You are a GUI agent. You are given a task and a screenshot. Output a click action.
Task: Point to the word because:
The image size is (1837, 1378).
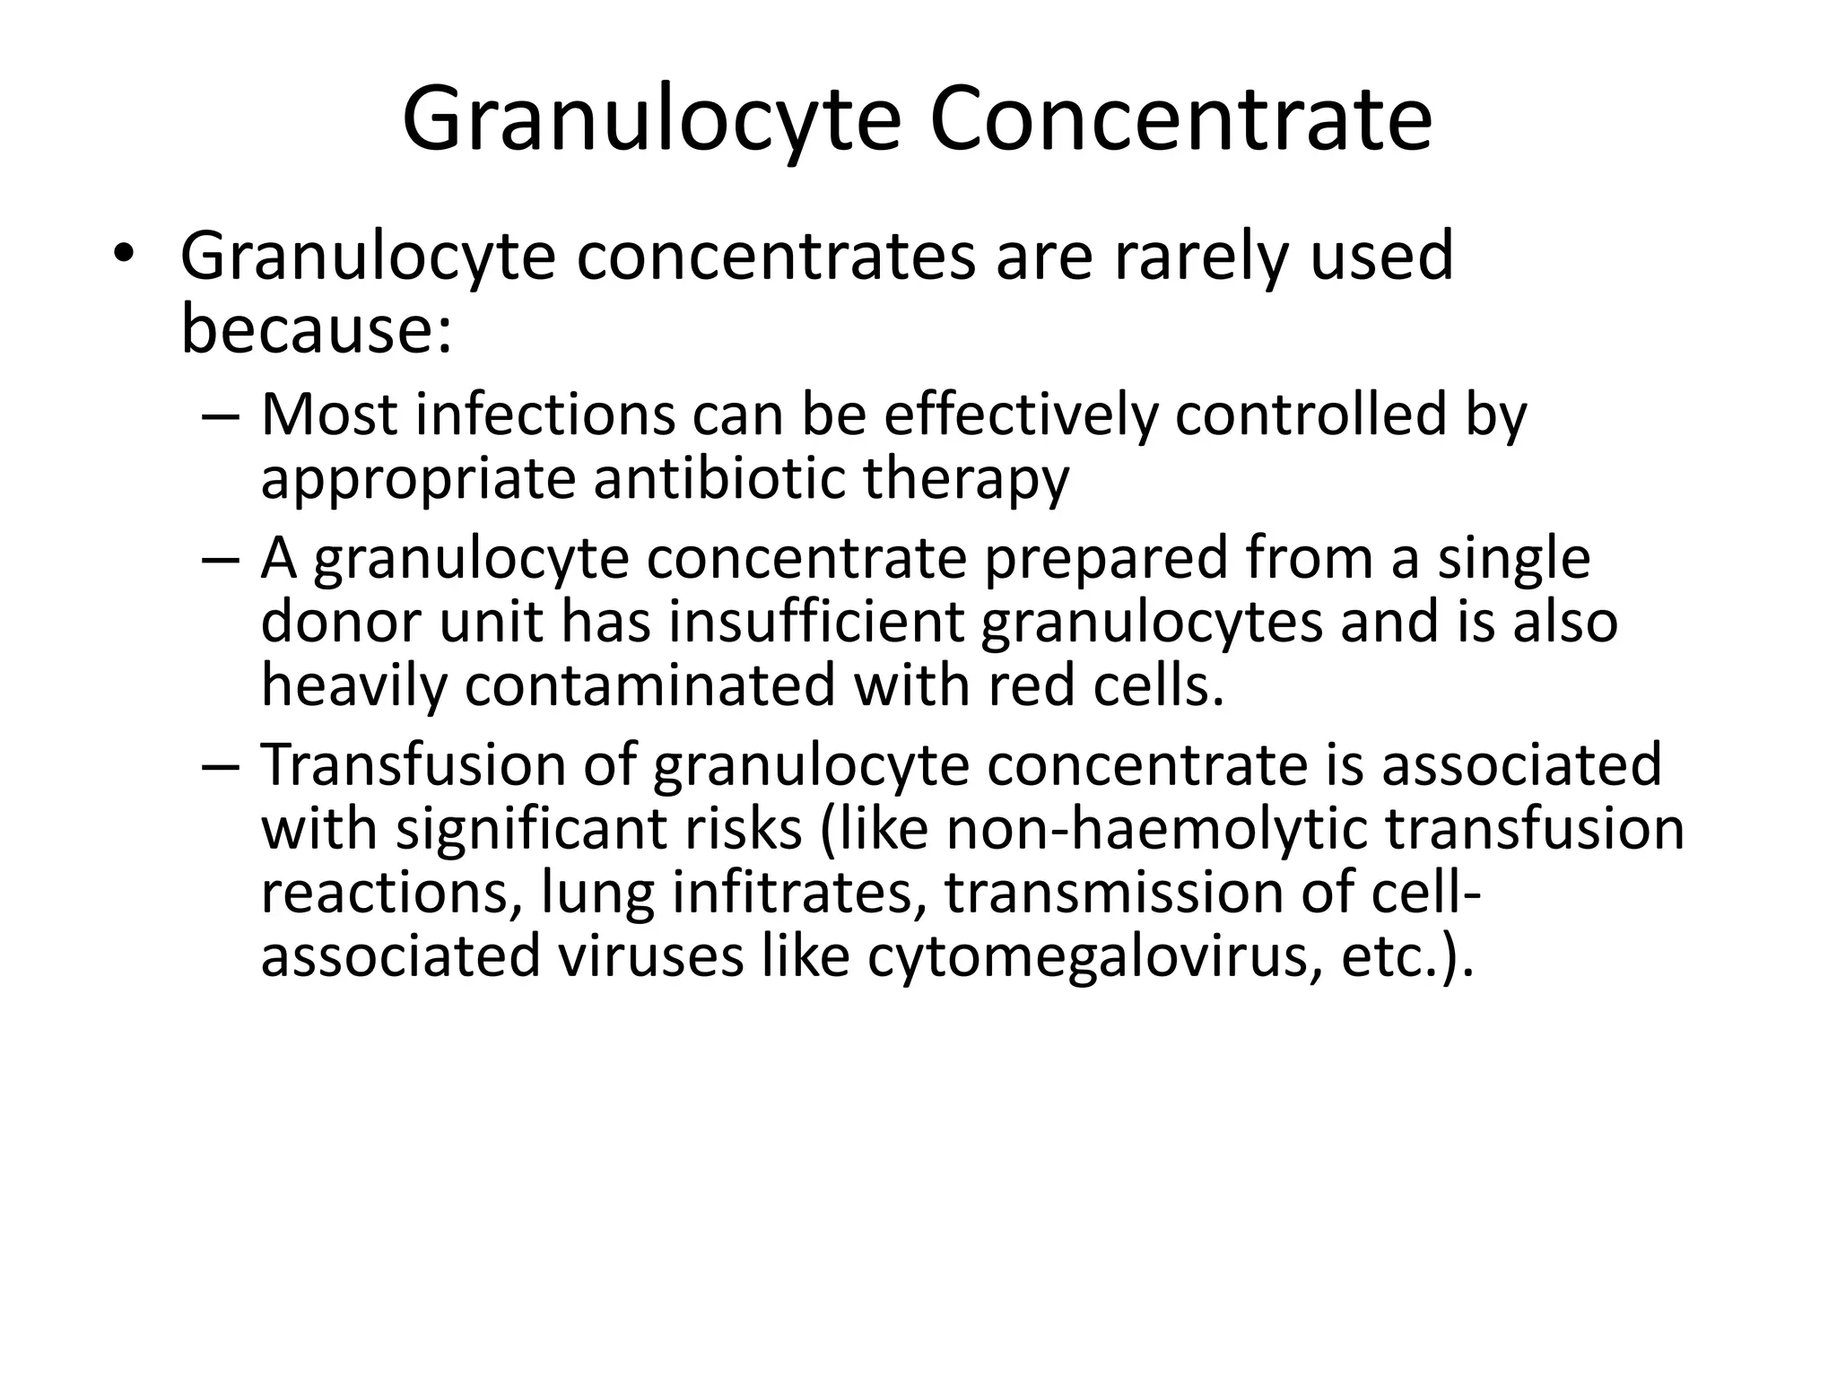pos(317,328)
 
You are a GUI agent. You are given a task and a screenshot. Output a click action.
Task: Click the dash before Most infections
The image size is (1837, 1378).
pos(221,416)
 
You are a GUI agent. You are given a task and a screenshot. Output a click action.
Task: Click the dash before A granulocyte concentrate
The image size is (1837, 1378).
pos(221,559)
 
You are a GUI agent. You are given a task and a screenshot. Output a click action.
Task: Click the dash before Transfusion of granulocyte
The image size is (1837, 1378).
pos(221,765)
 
